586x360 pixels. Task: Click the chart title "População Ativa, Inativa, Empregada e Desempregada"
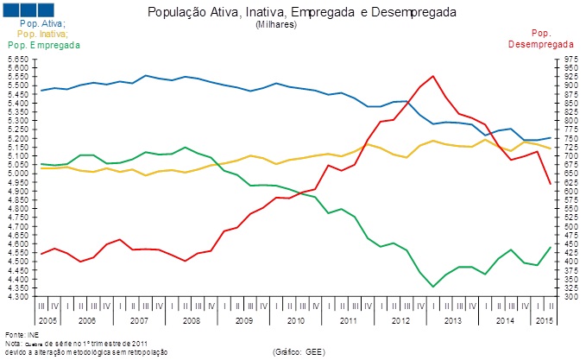click(x=302, y=13)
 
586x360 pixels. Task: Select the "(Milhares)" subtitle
click(x=276, y=25)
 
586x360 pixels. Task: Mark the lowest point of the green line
click(x=432, y=287)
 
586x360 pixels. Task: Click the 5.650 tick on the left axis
click(x=18, y=60)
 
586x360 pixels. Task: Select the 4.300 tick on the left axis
click(x=18, y=296)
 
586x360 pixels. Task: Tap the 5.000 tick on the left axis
click(x=18, y=174)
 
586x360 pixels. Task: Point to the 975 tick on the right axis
click(x=569, y=60)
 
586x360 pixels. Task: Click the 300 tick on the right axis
click(x=569, y=296)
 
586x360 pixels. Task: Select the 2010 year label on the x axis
click(x=295, y=319)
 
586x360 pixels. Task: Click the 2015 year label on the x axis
click(x=545, y=319)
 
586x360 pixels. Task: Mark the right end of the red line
click(x=551, y=184)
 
